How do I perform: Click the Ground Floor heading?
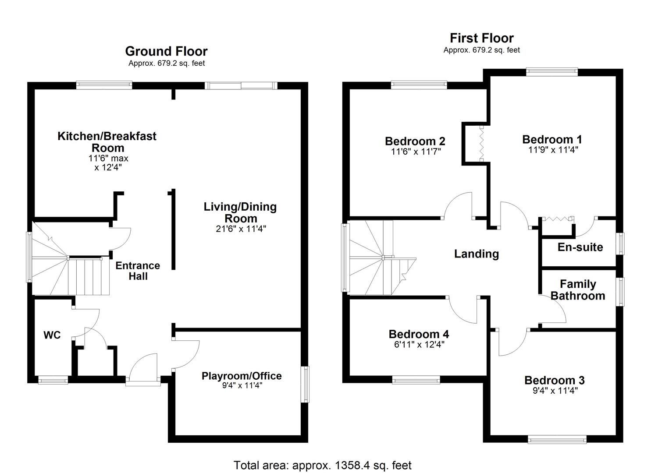(166, 51)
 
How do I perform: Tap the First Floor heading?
(481, 38)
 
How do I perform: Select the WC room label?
(52, 335)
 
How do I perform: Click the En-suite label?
(580, 247)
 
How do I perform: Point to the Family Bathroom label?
(578, 290)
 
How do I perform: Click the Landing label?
(476, 254)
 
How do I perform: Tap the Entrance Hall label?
(138, 271)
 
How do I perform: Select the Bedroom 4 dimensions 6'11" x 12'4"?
(419, 345)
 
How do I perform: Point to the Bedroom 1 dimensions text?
(553, 150)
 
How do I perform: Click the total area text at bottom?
(322, 465)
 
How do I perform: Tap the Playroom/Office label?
(242, 376)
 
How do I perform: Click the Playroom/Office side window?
(305, 384)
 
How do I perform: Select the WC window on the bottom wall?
(53, 380)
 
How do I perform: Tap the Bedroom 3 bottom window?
(557, 439)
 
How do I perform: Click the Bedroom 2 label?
(415, 141)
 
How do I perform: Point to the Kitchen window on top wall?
(104, 85)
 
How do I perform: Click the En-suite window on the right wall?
(620, 243)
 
